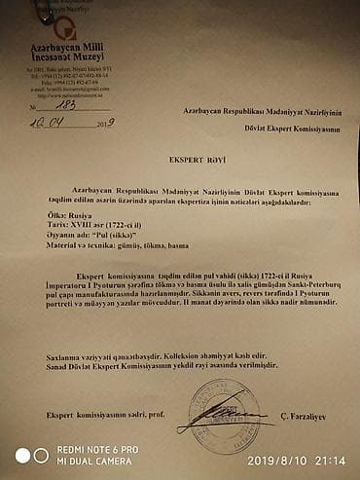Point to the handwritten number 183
pos(69,107)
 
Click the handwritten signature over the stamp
pos(230,417)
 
